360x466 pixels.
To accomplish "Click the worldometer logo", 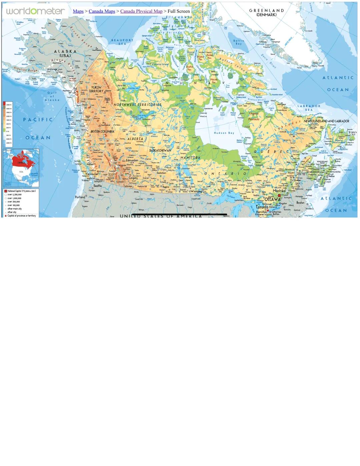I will click(x=35, y=11).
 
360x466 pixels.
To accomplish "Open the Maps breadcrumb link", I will click(x=78, y=11).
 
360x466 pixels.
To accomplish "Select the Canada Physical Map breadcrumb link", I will click(x=141, y=11).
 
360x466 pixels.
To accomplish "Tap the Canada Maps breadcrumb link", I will click(x=102, y=11).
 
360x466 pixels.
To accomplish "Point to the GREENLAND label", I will click(x=266, y=11).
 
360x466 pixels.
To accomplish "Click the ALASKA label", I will click(x=65, y=52).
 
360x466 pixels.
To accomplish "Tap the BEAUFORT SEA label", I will click(x=122, y=42).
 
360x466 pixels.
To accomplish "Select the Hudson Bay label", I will click(x=224, y=133).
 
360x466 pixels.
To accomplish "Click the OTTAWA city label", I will click(x=272, y=199).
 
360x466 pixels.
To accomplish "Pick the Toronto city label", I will click(x=262, y=207).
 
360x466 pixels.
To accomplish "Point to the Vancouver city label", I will click(x=92, y=174).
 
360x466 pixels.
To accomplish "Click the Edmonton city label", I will click(x=132, y=160).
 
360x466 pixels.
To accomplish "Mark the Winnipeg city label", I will click(x=196, y=191).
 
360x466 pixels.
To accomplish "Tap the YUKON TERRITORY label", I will click(x=96, y=89).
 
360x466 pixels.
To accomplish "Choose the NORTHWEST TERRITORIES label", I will click(x=137, y=105).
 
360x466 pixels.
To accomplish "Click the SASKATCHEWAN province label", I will click(x=160, y=150).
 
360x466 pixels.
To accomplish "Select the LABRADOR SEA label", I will click(x=309, y=108).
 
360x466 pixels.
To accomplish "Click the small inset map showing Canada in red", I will click(x=21, y=168).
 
